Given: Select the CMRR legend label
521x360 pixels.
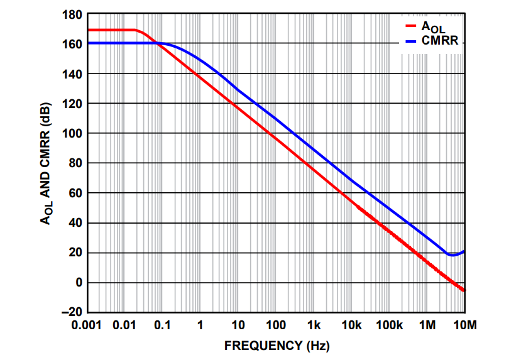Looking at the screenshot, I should tap(440, 41).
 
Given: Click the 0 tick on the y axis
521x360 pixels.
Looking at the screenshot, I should tap(79, 283).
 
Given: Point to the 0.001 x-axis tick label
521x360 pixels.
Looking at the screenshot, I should tap(87, 325).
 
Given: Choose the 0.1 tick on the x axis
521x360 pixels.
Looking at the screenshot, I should tap(162, 325).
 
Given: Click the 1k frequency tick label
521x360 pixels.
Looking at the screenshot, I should tap(314, 325).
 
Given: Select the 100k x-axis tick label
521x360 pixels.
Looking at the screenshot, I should tap(389, 325).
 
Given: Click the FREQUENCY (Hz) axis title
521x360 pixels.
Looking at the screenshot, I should tap(277, 345).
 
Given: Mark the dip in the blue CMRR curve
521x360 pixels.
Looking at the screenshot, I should tap(452, 254).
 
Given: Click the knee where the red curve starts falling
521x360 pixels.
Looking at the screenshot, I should tap(140, 31).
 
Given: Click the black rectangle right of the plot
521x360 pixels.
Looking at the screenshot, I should tap(490, 331).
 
